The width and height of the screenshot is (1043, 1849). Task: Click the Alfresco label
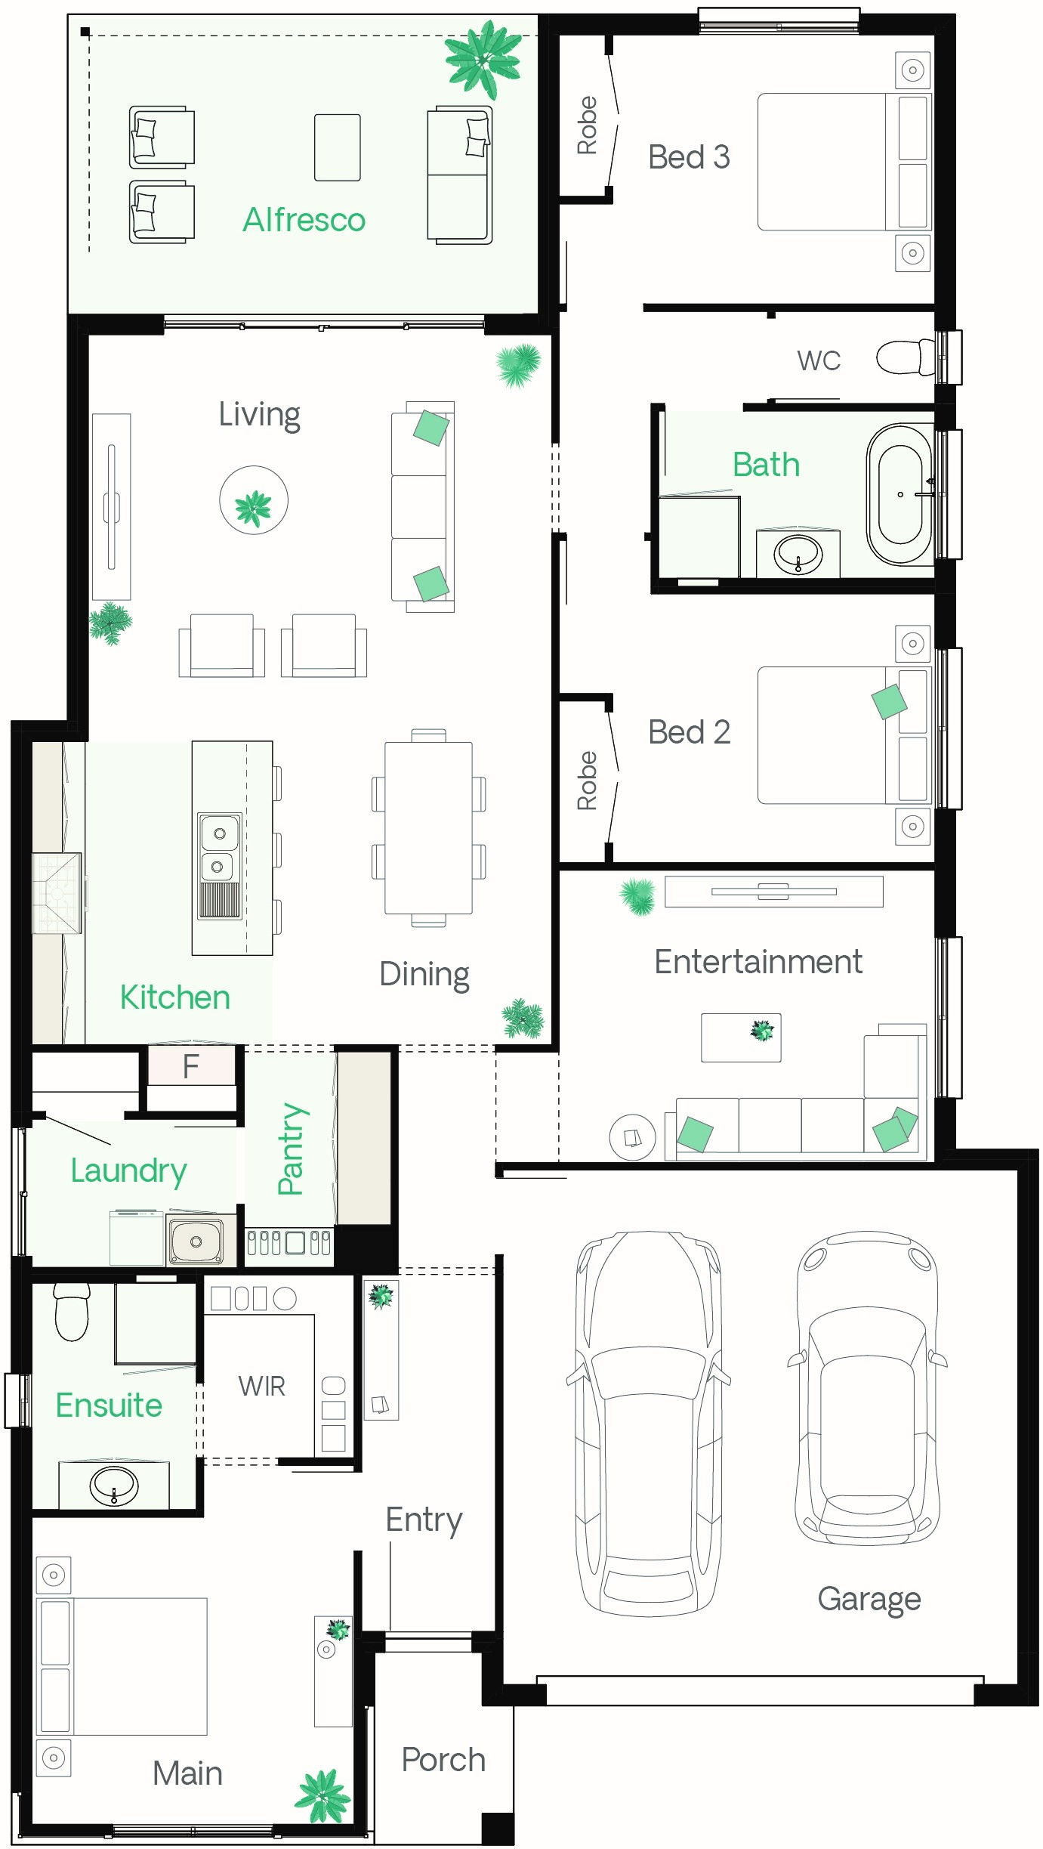(x=304, y=220)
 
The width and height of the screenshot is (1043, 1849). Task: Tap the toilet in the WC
(x=906, y=357)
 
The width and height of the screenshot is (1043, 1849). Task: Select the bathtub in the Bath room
(x=900, y=494)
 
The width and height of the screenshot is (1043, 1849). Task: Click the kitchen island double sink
(x=219, y=865)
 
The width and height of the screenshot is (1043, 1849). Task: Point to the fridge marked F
(x=191, y=1065)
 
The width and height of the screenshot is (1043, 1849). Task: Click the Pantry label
(x=291, y=1149)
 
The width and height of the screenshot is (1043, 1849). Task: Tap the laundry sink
(x=195, y=1241)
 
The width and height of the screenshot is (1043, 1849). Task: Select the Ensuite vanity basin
(x=114, y=1485)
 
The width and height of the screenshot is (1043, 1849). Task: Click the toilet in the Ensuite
(x=72, y=1312)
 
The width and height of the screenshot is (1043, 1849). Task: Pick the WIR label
(x=262, y=1386)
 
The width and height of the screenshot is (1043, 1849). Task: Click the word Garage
(x=869, y=1600)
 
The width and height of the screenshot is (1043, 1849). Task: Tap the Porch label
(x=443, y=1759)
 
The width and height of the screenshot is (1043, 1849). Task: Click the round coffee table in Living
(x=254, y=500)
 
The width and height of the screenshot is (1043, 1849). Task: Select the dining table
(x=428, y=827)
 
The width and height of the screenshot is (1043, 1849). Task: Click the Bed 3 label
(x=689, y=157)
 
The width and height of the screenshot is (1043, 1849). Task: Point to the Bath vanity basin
(x=798, y=554)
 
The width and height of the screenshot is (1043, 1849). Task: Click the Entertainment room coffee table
(x=741, y=1037)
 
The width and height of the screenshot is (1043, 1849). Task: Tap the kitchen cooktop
(x=57, y=894)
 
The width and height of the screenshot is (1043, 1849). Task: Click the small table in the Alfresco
(x=338, y=147)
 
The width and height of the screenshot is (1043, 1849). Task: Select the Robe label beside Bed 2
(x=587, y=781)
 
